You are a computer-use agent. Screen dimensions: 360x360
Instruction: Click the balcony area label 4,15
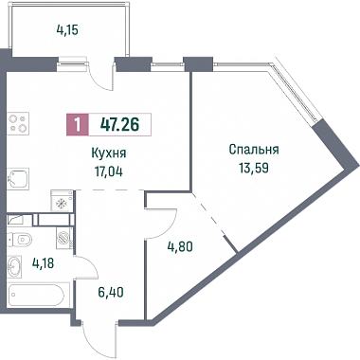[x=67, y=30]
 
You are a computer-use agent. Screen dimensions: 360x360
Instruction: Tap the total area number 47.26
[x=119, y=124]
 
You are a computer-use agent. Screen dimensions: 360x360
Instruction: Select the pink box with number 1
[x=78, y=124]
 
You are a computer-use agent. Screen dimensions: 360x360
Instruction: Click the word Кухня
[x=109, y=153]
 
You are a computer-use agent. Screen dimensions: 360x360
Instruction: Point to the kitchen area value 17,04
[x=109, y=171]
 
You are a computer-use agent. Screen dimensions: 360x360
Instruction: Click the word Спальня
[x=254, y=150]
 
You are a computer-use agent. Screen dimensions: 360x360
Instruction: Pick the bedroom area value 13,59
[x=254, y=168]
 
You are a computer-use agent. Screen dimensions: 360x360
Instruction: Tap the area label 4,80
[x=180, y=246]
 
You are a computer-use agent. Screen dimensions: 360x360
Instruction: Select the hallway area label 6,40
[x=110, y=292]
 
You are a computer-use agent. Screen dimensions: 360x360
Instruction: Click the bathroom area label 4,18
[x=43, y=262]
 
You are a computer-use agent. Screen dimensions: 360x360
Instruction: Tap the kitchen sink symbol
[x=18, y=178]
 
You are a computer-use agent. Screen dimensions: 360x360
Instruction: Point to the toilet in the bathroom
[x=20, y=240]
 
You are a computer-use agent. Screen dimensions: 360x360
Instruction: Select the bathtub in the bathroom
[x=37, y=295]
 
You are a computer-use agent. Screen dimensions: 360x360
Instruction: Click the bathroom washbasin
[x=14, y=266]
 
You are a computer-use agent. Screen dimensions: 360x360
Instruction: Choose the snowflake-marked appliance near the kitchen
[x=63, y=200]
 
